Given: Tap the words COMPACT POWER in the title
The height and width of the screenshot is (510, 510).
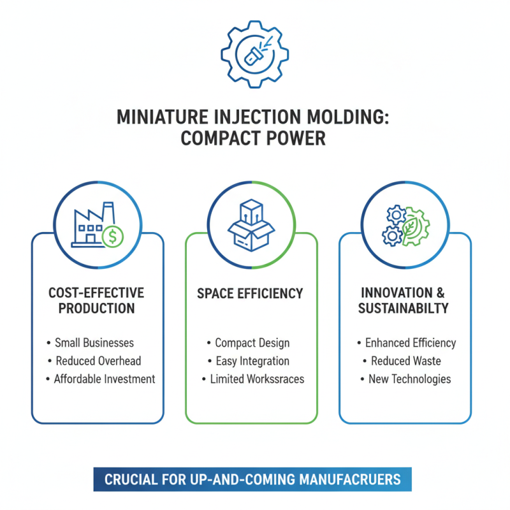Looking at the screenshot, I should [x=254, y=138].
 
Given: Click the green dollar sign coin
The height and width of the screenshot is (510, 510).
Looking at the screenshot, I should [x=113, y=237].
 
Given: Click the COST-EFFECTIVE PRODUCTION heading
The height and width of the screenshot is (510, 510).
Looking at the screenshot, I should [x=96, y=300].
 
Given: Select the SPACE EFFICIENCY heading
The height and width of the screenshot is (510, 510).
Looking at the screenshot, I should [x=250, y=294].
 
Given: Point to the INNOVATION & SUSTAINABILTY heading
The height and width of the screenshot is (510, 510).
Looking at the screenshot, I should [x=404, y=300].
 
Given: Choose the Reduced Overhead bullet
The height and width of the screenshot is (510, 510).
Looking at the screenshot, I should [x=98, y=361].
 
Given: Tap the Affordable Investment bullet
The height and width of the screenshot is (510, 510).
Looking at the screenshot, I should [x=103, y=379].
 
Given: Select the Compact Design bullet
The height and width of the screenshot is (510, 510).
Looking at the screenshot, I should [x=252, y=343].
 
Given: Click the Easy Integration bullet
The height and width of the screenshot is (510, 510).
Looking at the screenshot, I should [x=252, y=361].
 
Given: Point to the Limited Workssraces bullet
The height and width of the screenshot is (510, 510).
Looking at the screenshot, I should [x=256, y=379].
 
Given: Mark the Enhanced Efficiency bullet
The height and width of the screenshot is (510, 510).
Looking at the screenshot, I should [x=410, y=343].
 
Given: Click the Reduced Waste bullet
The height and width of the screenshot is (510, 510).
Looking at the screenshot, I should [x=405, y=361].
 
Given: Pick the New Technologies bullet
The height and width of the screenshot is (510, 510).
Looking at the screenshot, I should [x=409, y=379].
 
